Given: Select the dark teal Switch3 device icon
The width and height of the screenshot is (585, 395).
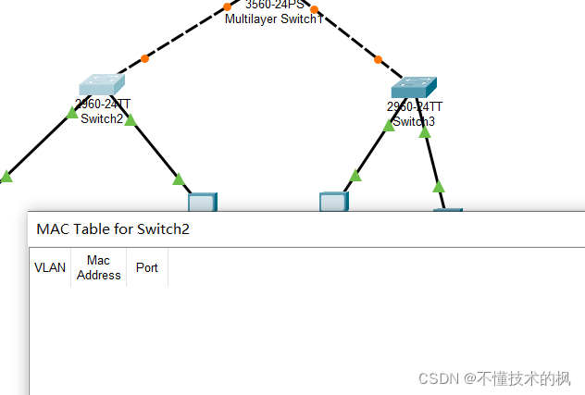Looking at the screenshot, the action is coord(413,87).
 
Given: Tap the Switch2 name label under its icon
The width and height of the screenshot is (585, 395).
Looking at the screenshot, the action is coord(102,118).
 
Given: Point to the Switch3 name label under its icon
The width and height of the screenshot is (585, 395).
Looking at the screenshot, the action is coord(414,121).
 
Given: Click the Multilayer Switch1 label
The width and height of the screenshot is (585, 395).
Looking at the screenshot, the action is coord(274,19).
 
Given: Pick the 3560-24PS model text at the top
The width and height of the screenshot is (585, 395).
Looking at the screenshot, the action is coord(275,5).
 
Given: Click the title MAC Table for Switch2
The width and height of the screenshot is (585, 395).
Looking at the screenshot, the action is coord(113,228).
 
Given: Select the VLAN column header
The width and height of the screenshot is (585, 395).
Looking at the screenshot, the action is coord(50,267).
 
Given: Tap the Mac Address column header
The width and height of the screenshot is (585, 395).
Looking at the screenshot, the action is coord(99,267).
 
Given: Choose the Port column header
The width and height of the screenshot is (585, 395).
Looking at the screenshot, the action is coord(146,267).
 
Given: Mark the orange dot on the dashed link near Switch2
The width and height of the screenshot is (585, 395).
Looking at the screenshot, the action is coord(144,59).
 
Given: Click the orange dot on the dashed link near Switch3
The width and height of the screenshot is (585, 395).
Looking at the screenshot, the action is coord(378,60).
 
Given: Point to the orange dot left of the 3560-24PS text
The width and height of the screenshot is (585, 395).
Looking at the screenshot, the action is coord(228,6).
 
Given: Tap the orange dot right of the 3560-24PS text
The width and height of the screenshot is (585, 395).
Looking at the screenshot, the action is coord(315,9).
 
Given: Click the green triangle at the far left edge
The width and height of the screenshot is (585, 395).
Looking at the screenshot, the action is coord(6,176).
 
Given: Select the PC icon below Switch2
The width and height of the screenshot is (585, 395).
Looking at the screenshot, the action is coord(202,202).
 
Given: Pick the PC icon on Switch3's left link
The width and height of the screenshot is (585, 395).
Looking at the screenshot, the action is coord(333,202).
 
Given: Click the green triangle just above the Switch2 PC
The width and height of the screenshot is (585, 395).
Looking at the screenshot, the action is coord(179,179).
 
